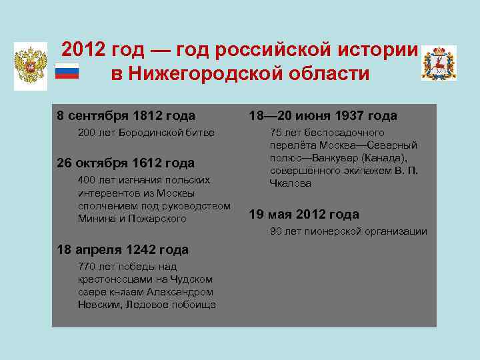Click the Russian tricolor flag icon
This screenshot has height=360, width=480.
[67, 71]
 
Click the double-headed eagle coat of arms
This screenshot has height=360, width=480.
[31, 66]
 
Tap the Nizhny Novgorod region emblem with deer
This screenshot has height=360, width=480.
[439, 63]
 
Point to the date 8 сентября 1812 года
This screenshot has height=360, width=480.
[126, 116]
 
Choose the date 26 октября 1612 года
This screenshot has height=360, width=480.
[126, 163]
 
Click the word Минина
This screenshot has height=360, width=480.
[95, 218]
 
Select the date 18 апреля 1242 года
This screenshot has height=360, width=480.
[123, 249]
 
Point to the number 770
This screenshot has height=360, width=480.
[87, 266]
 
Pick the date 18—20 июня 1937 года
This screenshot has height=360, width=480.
[323, 116]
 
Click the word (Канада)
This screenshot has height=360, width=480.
[393, 158]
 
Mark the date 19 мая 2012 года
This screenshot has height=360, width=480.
[304, 214]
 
